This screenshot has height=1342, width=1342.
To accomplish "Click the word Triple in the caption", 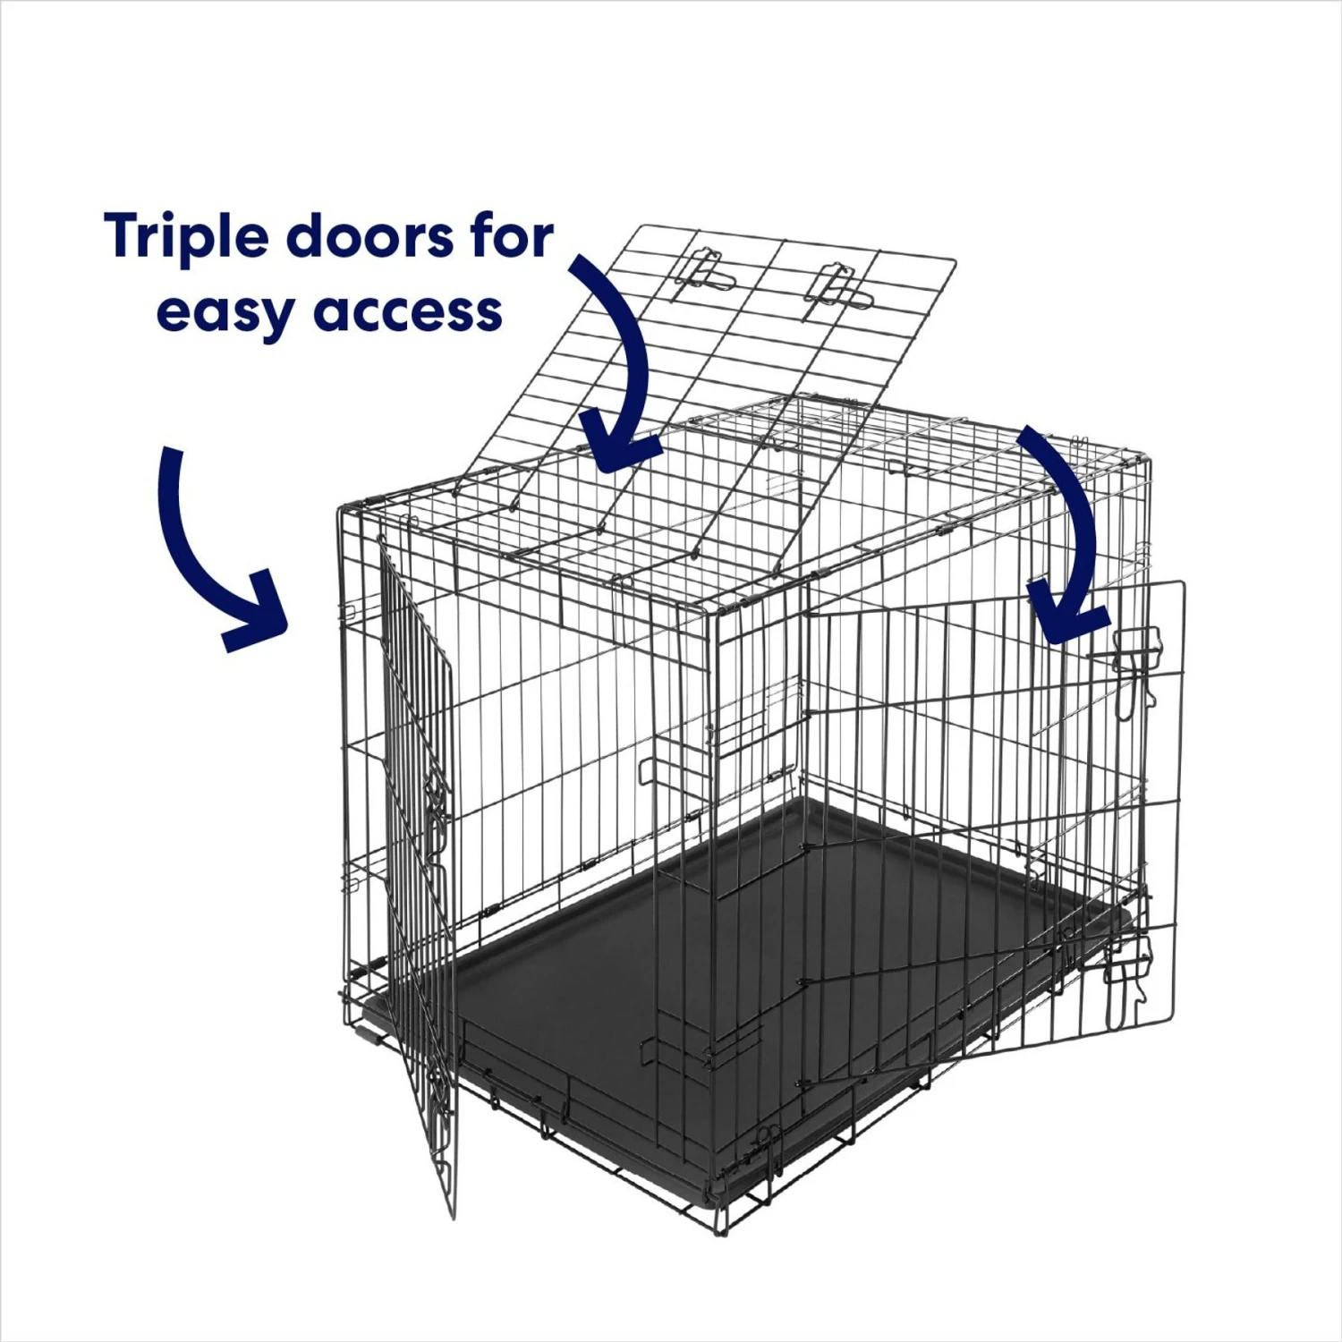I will pyautogui.click(x=186, y=238).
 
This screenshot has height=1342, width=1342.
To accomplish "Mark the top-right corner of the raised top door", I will pyautogui.click(x=955, y=261).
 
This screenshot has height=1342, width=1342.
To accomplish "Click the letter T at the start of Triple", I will pyautogui.click(x=124, y=236).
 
